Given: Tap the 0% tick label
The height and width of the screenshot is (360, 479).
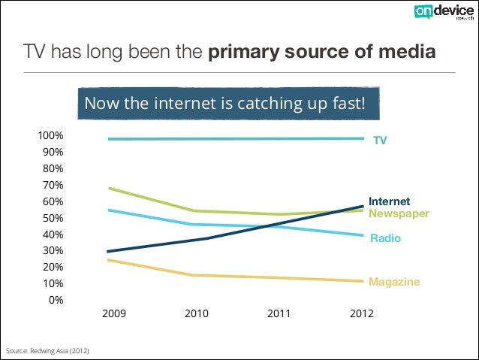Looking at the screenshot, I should (x=55, y=300).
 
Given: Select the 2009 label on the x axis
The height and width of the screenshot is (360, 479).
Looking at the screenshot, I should (x=114, y=313).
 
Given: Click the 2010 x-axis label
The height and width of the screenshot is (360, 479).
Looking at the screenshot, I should (x=197, y=313).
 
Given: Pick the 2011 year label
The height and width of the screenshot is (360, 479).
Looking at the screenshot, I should (x=279, y=313).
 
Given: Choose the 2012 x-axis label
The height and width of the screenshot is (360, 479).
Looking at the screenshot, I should (x=362, y=313).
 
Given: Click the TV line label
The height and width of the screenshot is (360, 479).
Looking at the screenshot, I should (x=381, y=141).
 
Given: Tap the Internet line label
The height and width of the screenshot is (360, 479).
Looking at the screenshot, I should (x=389, y=201).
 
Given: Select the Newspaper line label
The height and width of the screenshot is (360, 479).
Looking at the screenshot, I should (x=399, y=213).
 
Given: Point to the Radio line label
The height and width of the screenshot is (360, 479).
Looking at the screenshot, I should (x=385, y=238).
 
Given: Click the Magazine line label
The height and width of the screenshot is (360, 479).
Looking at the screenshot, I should (x=394, y=282).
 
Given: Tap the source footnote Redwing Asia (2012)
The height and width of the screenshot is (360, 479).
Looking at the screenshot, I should (x=47, y=351).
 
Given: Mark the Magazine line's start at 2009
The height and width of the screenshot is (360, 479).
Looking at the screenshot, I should (x=109, y=260).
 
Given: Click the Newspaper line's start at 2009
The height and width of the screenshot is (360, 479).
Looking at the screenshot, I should (x=109, y=188).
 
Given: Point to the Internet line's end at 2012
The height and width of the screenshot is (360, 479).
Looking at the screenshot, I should (x=363, y=206).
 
